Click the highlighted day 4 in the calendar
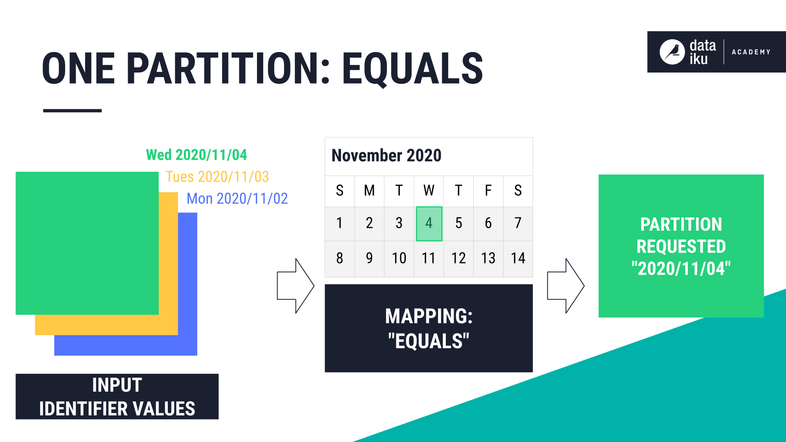429,223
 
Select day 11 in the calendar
429,258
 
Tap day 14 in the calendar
518,258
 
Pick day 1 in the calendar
339,223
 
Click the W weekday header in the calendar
429,191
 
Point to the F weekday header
488,191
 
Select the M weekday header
369,191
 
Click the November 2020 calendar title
386,156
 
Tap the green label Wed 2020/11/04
196,155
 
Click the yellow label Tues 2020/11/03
217,177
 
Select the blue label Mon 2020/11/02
237,199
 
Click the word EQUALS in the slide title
412,69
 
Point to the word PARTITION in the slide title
223,69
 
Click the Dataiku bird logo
672,52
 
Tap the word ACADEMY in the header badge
751,52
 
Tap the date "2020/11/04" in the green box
681,269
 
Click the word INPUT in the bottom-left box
117,385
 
